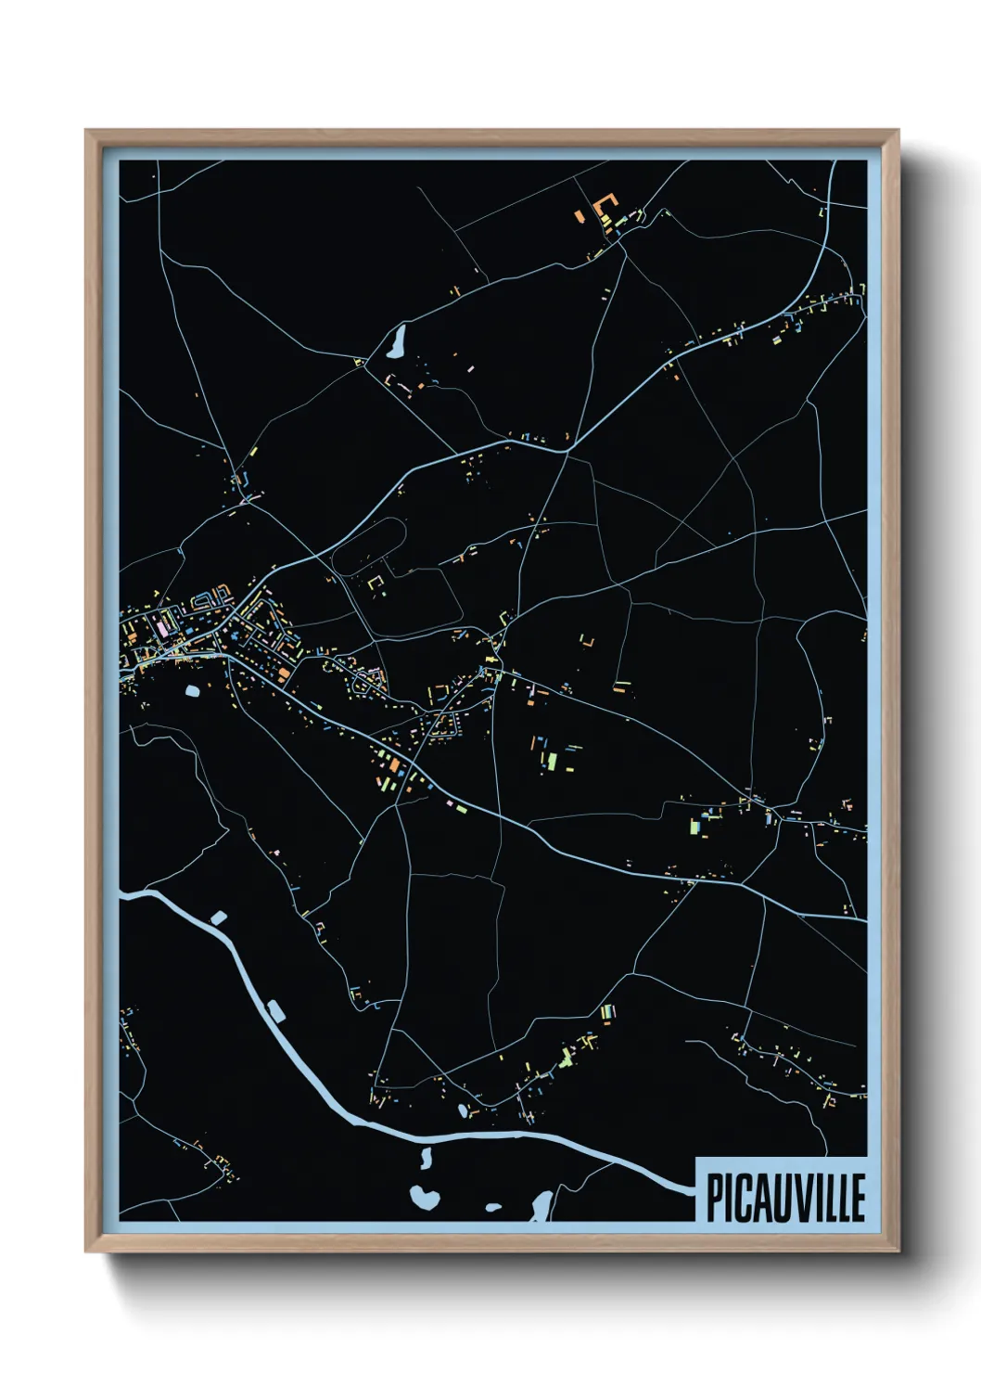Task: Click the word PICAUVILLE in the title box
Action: coord(785,1198)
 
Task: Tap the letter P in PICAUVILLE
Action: coord(715,1198)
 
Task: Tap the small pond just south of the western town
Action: coord(192,690)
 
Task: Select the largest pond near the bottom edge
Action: coord(424,1196)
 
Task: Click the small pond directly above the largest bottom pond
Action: coord(427,1157)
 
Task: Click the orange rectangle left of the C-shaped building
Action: coord(580,215)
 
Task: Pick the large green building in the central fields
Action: coord(552,762)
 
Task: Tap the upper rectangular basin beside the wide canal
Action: coord(219,917)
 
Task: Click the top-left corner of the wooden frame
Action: coord(86,131)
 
